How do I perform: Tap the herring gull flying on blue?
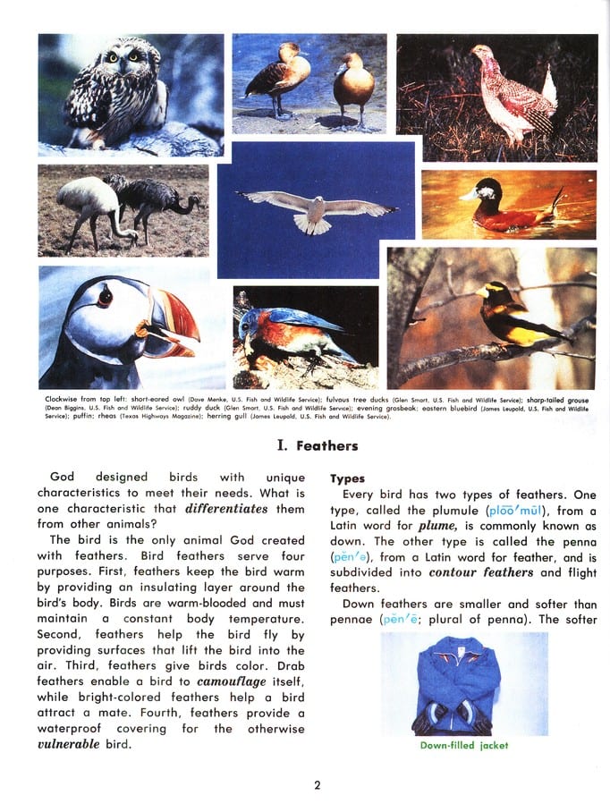coord(318,211)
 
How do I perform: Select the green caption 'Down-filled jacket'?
coord(463,744)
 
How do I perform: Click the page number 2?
coord(317,785)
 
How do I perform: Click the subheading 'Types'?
coord(348,478)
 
